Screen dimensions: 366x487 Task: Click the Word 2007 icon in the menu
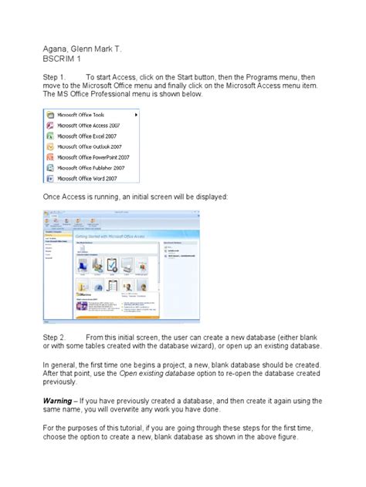click(x=50, y=178)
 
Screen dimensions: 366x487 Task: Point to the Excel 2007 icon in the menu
click(x=50, y=135)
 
